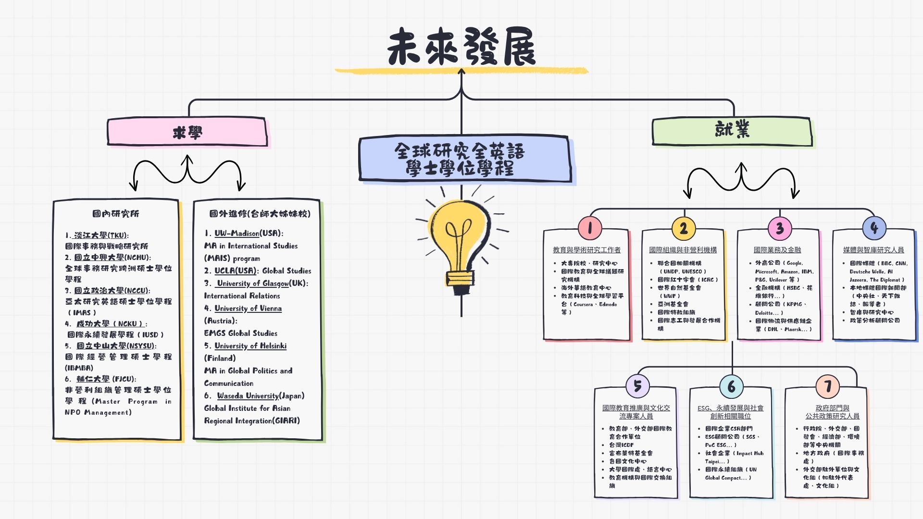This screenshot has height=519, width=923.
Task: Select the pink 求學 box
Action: [x=187, y=132]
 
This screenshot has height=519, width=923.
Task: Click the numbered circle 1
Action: [x=590, y=228]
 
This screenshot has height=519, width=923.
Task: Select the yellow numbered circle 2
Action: [x=684, y=228]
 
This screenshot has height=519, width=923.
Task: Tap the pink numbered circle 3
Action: [x=779, y=228]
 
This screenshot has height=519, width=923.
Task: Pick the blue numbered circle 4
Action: [x=874, y=228]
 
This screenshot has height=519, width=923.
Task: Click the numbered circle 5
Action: [x=637, y=386]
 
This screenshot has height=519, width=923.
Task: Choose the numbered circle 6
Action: [x=731, y=386]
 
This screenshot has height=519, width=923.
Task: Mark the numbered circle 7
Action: [x=827, y=386]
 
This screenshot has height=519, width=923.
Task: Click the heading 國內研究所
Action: [x=116, y=214]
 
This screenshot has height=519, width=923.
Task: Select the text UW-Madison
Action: [x=237, y=234]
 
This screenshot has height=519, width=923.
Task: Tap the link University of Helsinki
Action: [x=250, y=346]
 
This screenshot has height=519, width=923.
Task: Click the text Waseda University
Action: [x=248, y=396]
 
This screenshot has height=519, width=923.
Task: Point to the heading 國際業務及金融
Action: [x=777, y=250]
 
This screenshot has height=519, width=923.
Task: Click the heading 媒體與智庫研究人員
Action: [x=873, y=250]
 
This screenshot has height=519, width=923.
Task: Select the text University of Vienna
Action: [x=248, y=309]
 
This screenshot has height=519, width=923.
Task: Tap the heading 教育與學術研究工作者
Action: [x=586, y=250]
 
